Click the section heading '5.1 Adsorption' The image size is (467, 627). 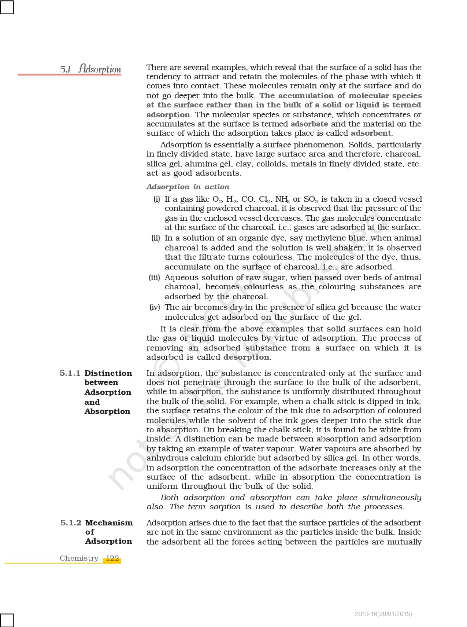click(90, 69)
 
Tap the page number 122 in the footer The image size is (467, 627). click(112, 558)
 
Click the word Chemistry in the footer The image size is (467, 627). click(79, 558)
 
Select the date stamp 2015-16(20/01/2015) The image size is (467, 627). click(383, 614)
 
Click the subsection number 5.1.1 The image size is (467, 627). click(70, 373)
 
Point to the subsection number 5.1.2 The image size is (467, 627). click(71, 523)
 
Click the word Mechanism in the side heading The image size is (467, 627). click(109, 523)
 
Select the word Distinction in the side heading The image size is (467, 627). click(108, 373)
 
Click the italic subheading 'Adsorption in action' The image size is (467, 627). click(188, 187)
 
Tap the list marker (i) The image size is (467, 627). click(157, 199)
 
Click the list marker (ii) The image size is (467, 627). click(156, 238)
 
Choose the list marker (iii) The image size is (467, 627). click(155, 278)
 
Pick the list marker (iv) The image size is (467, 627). click(155, 307)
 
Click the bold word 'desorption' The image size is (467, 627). click(246, 357)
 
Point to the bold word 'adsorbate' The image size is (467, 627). click(309, 124)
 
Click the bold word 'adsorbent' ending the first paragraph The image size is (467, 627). click(371, 133)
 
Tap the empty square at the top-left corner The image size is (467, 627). click(7, 7)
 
